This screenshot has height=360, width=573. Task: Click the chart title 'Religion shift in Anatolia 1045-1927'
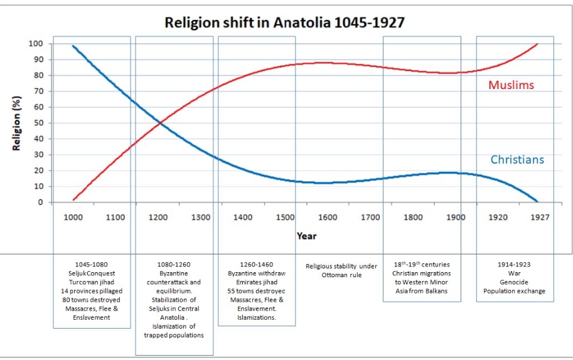[x=284, y=23]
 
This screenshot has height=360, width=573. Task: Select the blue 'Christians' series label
[x=517, y=160]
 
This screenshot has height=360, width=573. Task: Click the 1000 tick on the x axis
[x=73, y=217]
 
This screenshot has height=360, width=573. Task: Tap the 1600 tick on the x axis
[x=328, y=217]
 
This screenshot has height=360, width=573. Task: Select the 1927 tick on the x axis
[x=540, y=217]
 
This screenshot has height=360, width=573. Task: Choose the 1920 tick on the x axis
[x=498, y=217]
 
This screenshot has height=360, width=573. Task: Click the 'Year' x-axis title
[x=307, y=236]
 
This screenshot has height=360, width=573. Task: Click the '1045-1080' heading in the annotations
[x=92, y=265]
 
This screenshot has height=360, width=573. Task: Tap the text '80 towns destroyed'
[x=92, y=300]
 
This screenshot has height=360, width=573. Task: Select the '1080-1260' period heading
[x=174, y=265]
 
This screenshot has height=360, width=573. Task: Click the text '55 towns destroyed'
[x=256, y=291]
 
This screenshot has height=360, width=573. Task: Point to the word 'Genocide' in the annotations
[x=515, y=282]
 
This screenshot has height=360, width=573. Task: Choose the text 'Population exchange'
[x=515, y=291]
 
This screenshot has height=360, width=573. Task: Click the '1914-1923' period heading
[x=515, y=265]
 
